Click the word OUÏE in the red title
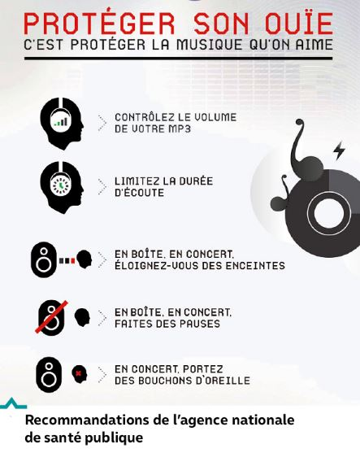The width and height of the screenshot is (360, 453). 299,23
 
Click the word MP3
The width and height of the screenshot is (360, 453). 180,128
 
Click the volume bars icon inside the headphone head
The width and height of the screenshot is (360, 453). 61,122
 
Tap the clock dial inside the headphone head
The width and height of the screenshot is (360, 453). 60,185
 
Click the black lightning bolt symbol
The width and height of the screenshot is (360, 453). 339,150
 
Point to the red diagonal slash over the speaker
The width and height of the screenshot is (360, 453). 51,317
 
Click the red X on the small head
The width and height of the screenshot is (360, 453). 78,373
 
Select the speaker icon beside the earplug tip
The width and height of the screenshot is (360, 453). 49,375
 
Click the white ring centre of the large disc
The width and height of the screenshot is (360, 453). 329,214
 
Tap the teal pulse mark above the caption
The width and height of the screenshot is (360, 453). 13,404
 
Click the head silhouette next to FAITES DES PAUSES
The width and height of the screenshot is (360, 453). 82,317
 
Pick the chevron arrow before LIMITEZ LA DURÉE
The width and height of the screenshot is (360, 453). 102,187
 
